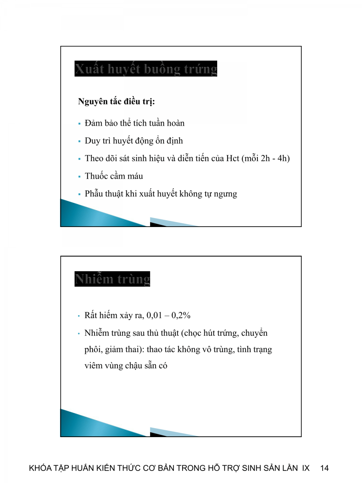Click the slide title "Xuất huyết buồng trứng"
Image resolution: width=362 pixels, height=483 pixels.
click(146, 69)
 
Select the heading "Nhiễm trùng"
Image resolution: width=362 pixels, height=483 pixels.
click(112, 279)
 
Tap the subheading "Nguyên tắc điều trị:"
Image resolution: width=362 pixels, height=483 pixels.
click(116, 102)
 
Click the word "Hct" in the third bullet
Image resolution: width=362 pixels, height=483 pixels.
click(233, 158)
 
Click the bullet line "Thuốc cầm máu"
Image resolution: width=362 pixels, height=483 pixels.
click(114, 176)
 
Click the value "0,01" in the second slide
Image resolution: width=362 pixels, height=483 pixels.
click(154, 316)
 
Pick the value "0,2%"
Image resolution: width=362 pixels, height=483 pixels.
click(181, 316)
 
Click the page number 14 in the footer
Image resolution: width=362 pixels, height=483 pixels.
click(325, 468)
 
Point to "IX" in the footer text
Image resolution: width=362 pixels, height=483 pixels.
click(306, 468)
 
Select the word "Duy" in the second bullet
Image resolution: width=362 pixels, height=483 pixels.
click(92, 141)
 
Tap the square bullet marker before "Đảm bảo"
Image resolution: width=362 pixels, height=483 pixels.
click(80, 123)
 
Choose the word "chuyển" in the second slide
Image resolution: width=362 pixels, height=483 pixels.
click(254, 333)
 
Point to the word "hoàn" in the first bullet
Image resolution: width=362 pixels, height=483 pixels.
click(176, 123)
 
